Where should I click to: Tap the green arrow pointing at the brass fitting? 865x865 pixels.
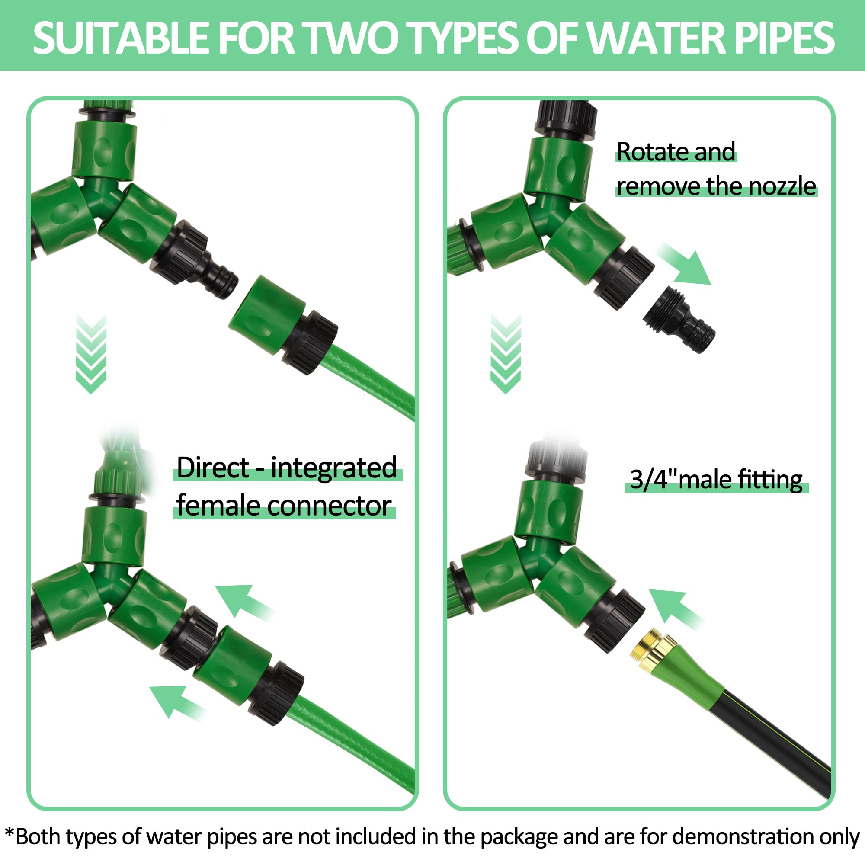pyautogui.click(x=675, y=609)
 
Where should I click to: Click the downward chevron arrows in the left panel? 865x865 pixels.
pyautogui.click(x=91, y=354)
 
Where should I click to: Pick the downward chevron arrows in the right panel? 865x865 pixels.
pyautogui.click(x=506, y=354)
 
